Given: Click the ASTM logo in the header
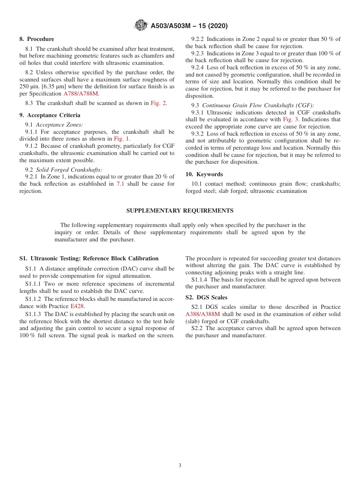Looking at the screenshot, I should [141, 26].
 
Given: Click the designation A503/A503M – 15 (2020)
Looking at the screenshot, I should [189, 26].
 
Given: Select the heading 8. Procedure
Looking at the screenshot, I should [37, 39].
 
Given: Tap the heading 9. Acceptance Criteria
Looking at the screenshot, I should [50, 115].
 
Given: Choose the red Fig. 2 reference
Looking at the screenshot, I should [158, 103].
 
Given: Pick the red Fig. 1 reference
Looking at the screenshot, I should [122, 139].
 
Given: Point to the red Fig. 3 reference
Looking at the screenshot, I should [291, 119].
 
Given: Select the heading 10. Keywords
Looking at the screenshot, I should [204, 174].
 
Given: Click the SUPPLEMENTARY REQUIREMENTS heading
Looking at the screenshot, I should [180, 211].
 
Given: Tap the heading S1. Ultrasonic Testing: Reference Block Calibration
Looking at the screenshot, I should [89, 258].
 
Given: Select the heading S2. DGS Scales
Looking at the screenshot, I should [206, 297].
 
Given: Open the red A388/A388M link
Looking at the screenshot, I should [202, 314].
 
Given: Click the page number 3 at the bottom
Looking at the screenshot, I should [180, 466].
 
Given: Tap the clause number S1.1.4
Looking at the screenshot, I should [199, 280].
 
